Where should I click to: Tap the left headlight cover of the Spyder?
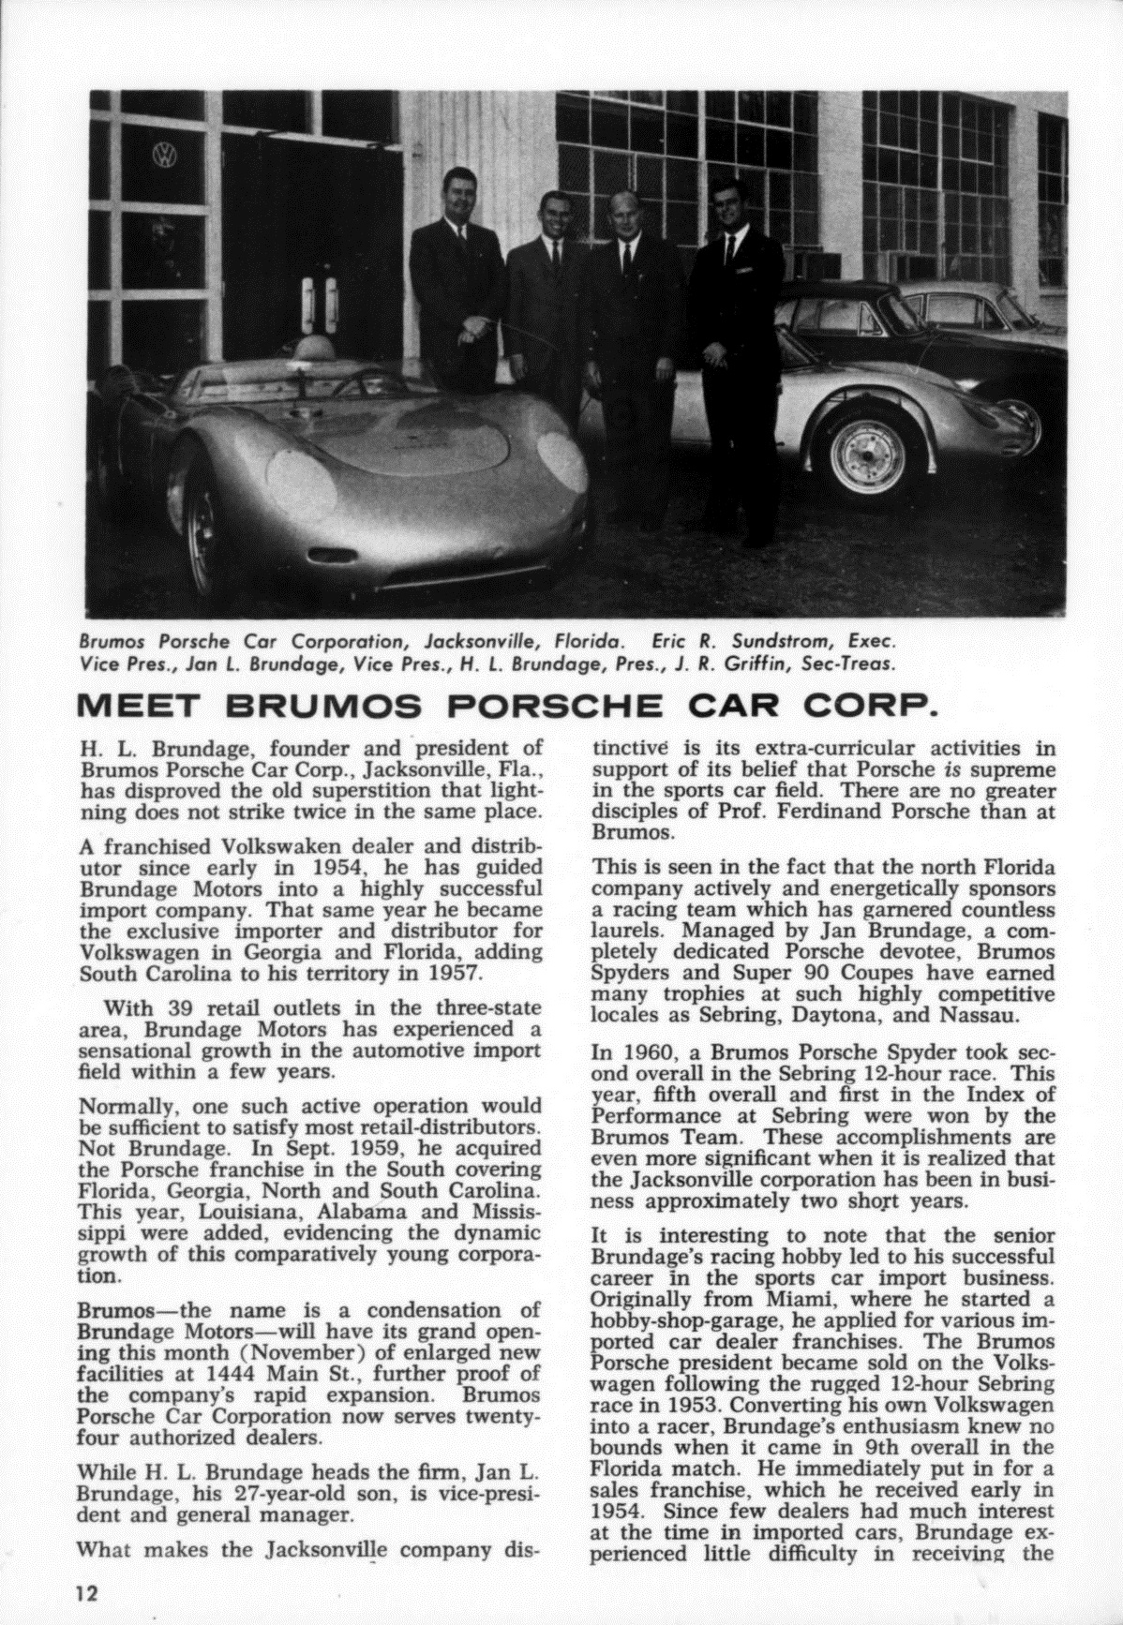(x=303, y=485)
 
